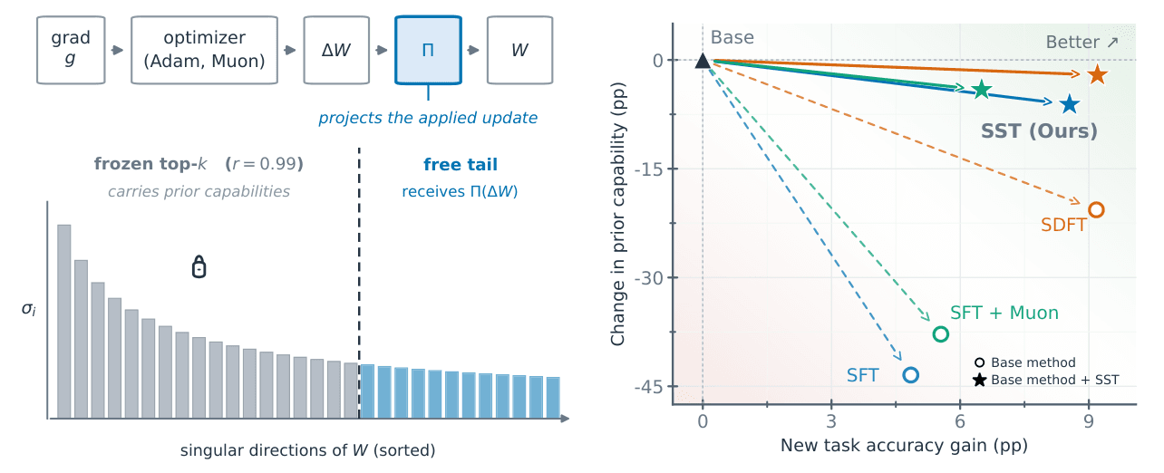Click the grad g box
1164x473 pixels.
pyautogui.click(x=71, y=50)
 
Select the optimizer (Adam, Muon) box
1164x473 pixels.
pyautogui.click(x=204, y=50)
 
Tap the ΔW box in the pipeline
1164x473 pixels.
pyautogui.click(x=336, y=50)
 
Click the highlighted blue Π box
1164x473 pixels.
pyautogui.click(x=428, y=50)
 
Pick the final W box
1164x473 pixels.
pyautogui.click(x=519, y=50)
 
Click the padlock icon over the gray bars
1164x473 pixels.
pyautogui.click(x=199, y=267)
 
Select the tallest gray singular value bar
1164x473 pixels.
pyautogui.click(x=64, y=322)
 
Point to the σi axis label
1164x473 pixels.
pyautogui.click(x=29, y=310)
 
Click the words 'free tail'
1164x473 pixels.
pyautogui.click(x=461, y=164)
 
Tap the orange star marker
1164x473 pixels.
pyautogui.click(x=1097, y=75)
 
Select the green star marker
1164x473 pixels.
pyautogui.click(x=982, y=90)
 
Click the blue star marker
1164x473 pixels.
pyautogui.click(x=1070, y=104)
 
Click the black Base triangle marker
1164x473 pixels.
pyautogui.click(x=703, y=61)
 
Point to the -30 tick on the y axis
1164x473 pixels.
pyautogui.click(x=650, y=278)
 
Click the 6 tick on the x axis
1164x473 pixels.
pyautogui.click(x=960, y=421)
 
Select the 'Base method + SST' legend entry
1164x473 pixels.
pyautogui.click(x=1045, y=380)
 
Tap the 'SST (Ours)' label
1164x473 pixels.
pyautogui.click(x=1039, y=130)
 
